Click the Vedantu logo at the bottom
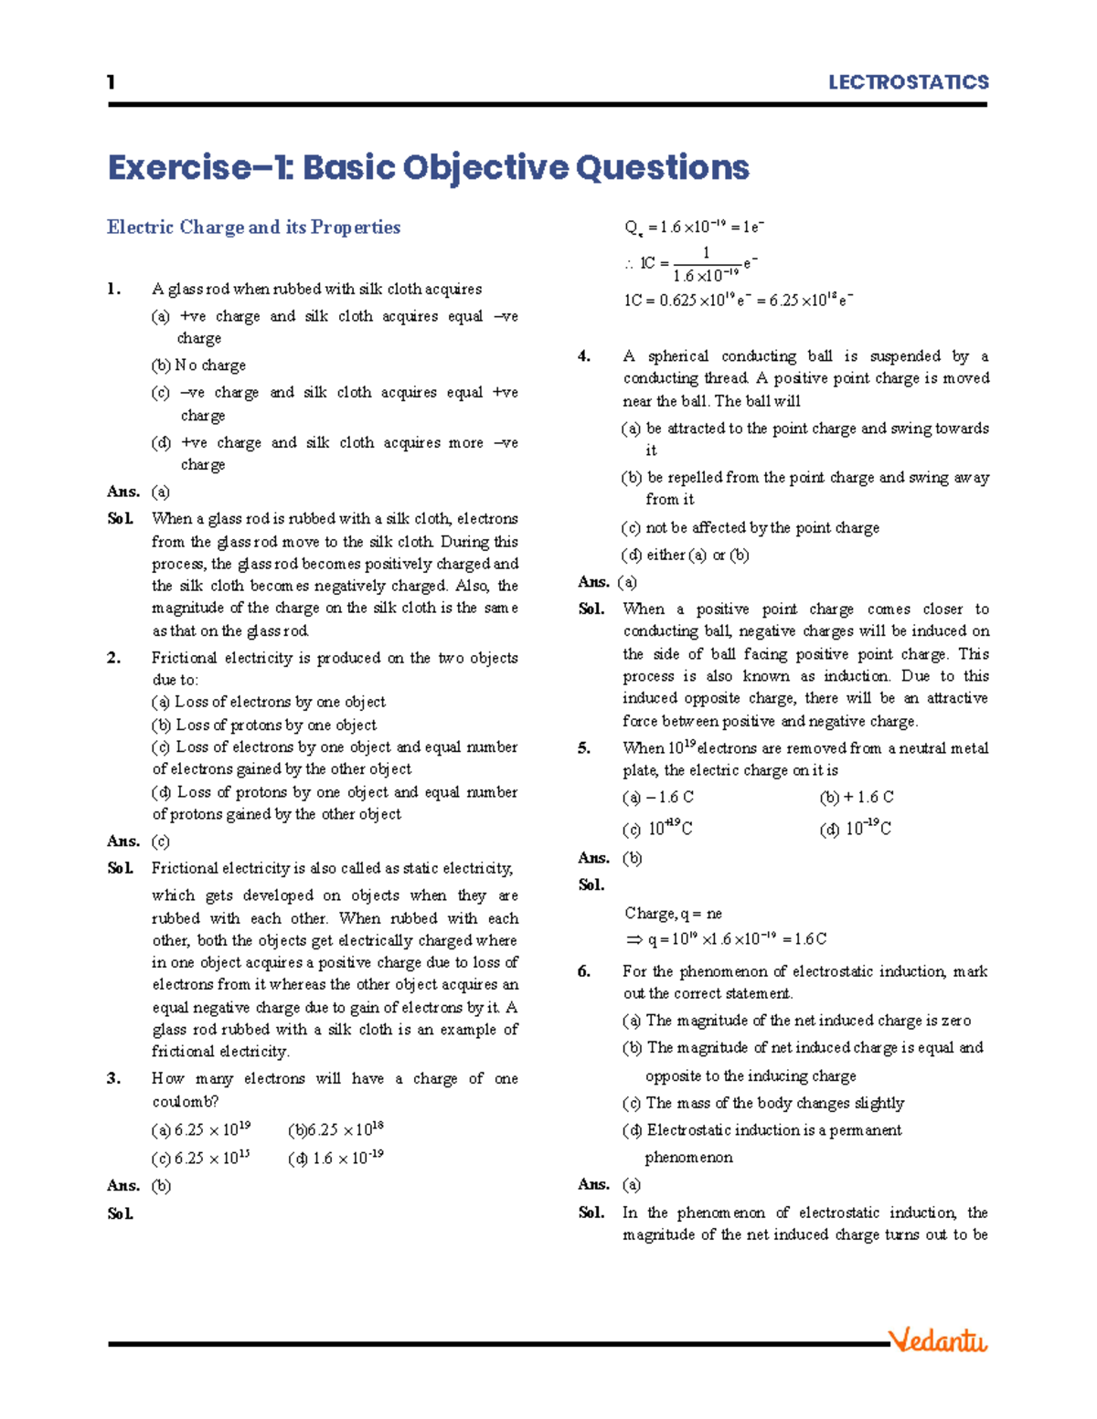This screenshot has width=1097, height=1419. coord(939,1340)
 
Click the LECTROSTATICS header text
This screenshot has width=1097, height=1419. coord(908,82)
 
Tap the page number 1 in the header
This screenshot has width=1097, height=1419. coord(111,82)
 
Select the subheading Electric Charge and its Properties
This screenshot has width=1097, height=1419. coord(253,227)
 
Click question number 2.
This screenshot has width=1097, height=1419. coord(113,658)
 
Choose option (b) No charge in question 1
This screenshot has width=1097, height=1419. coord(198,365)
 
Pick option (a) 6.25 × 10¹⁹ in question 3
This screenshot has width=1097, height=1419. coord(201,1129)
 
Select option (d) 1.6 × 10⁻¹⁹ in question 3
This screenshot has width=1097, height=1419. coord(335,1159)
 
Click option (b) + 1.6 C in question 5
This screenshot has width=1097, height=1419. coord(857,798)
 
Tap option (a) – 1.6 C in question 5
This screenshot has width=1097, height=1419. coord(658,798)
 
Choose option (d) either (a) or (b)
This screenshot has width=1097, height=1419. coord(686,555)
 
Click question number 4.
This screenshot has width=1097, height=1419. coord(584,356)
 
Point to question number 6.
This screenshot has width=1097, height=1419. coord(584,971)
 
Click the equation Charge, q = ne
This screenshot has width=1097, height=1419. coord(674,913)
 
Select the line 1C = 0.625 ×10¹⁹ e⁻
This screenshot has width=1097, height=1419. coord(738,300)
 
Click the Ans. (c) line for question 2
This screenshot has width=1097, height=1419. coord(138,842)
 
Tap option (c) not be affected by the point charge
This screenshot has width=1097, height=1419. coord(751,528)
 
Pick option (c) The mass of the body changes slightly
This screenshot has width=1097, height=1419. coord(763,1103)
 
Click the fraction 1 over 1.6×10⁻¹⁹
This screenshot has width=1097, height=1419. coord(706,264)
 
